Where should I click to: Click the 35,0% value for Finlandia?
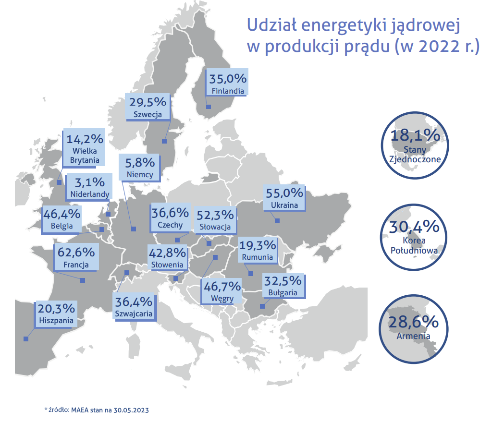point(228,79)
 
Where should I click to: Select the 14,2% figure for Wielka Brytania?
point(85,139)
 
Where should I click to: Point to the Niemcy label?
point(141,175)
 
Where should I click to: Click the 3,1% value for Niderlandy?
point(90,182)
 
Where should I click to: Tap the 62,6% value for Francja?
point(76,251)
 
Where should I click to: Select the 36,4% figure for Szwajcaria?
point(134,302)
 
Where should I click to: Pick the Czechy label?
point(170,225)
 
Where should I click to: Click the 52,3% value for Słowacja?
point(215,215)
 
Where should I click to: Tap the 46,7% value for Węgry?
point(222,287)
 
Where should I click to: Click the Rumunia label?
point(258,257)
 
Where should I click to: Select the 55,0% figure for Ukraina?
point(284,193)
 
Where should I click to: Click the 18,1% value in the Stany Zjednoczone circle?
point(415,136)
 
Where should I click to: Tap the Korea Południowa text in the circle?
point(415,245)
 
